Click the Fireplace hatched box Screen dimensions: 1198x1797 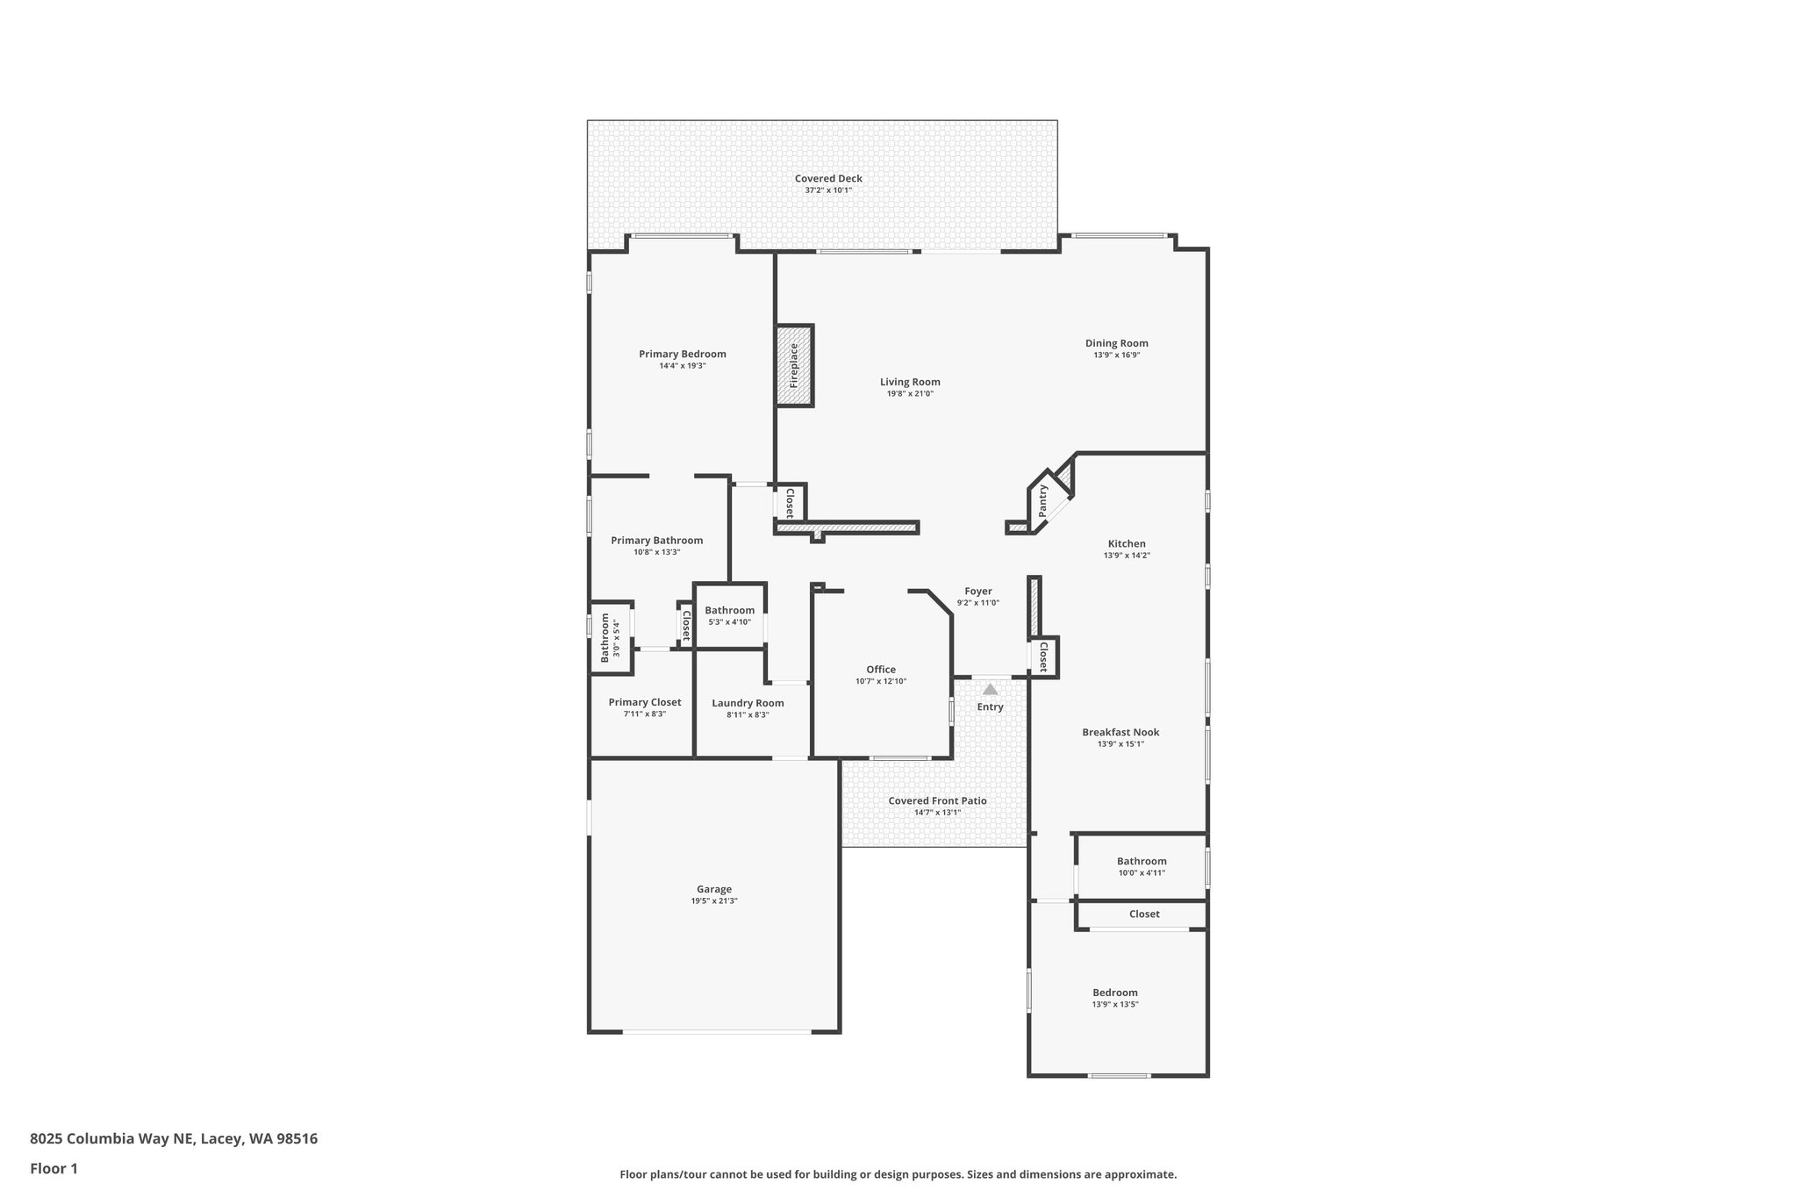pyautogui.click(x=794, y=365)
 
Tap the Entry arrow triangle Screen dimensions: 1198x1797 pyautogui.click(x=990, y=690)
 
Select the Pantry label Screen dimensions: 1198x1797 pyautogui.click(x=1043, y=501)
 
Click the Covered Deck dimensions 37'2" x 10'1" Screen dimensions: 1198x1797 pyautogui.click(x=828, y=190)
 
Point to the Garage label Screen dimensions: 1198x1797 pyautogui.click(x=713, y=889)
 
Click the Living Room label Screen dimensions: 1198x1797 pyautogui.click(x=910, y=382)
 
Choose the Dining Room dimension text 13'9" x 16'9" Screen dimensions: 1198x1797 pyautogui.click(x=1116, y=355)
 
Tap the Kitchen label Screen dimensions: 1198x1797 pyautogui.click(x=1126, y=544)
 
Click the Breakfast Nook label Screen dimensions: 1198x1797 pyautogui.click(x=1120, y=732)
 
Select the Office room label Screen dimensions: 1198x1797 pyautogui.click(x=881, y=670)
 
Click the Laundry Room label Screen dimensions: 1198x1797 pyautogui.click(x=748, y=703)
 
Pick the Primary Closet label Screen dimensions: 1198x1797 pyautogui.click(x=645, y=702)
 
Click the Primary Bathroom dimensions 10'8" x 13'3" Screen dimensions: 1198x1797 pyautogui.click(x=656, y=552)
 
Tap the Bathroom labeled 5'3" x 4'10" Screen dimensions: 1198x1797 pyautogui.click(x=729, y=611)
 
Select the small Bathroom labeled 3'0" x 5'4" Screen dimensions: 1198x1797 pyautogui.click(x=605, y=637)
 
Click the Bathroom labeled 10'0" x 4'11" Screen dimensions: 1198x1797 pyautogui.click(x=1142, y=861)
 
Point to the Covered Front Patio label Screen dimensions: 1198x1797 pyautogui.click(x=937, y=800)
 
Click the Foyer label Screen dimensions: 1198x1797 pyautogui.click(x=977, y=592)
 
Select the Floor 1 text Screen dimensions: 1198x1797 pyautogui.click(x=54, y=1168)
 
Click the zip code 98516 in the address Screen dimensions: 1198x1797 pyautogui.click(x=297, y=1139)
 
